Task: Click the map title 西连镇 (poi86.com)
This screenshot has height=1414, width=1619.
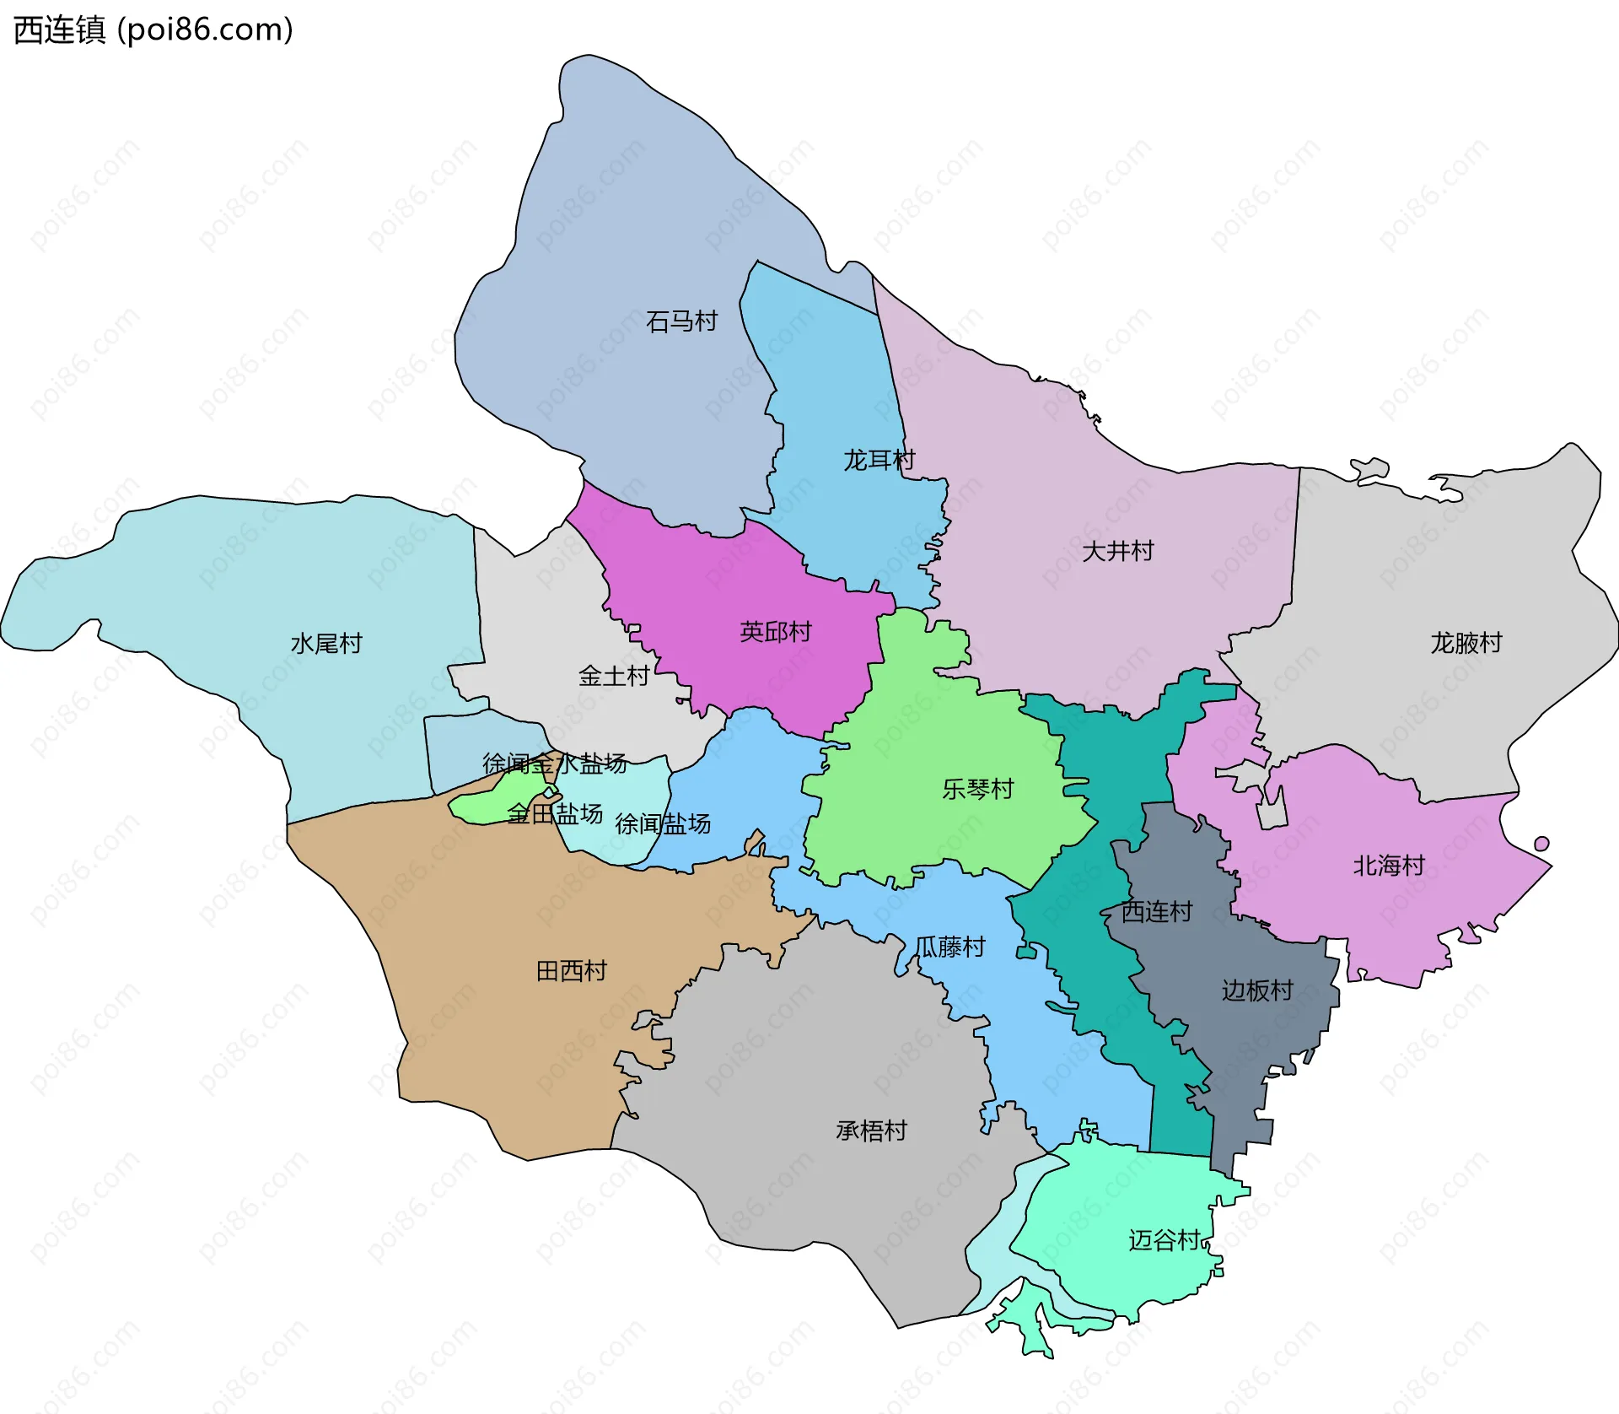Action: [153, 30]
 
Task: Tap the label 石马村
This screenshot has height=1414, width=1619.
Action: [681, 321]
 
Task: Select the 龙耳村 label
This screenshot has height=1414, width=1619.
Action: [879, 460]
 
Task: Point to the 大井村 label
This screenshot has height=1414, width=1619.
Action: [1118, 551]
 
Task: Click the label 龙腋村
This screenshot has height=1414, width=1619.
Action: [1466, 643]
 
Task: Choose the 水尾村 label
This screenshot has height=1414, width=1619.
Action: [326, 644]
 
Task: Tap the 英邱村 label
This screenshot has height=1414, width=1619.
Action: [775, 631]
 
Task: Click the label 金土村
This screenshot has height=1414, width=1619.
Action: [614, 676]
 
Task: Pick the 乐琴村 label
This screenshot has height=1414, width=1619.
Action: [978, 789]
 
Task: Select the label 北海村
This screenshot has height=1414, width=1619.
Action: [1389, 866]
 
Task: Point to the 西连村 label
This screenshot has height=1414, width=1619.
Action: [1157, 911]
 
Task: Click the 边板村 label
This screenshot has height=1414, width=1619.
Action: [1257, 990]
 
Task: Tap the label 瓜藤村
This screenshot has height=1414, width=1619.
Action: [949, 947]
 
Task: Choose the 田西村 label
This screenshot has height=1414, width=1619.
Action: [572, 971]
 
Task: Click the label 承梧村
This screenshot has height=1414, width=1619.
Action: [871, 1131]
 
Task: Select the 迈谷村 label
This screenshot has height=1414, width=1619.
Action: [1164, 1239]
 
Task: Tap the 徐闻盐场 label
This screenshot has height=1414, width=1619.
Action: [663, 823]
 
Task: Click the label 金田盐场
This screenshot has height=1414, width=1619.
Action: [555, 813]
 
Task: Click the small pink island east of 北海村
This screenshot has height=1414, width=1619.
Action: [1541, 844]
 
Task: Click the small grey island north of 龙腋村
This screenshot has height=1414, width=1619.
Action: [1369, 468]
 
